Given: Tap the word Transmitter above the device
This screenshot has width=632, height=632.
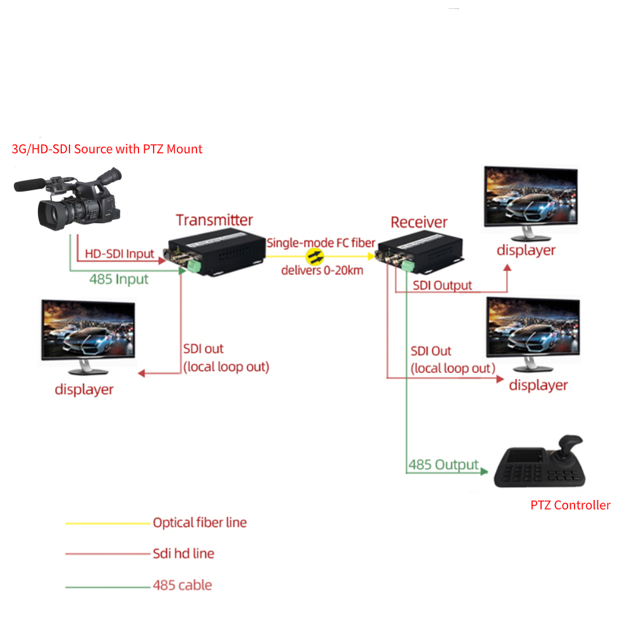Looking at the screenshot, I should point(214,220).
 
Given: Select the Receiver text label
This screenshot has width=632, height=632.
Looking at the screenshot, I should point(418,222).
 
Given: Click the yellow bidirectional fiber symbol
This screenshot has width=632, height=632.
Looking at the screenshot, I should point(315,257).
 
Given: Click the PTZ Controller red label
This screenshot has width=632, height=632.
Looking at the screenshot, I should point(570,505).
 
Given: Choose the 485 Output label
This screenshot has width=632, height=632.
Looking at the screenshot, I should point(443,465).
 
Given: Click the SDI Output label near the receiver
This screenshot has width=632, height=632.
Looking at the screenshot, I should point(442,285).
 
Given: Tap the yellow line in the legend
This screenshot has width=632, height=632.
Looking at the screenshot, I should point(107,523).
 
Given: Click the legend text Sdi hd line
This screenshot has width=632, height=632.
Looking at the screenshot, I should point(183,554).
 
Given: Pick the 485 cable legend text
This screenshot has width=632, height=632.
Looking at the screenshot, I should point(182,585).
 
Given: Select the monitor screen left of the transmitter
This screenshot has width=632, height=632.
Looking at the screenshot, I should point(88,329).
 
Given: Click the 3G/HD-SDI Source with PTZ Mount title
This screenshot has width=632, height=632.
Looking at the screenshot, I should point(107,149).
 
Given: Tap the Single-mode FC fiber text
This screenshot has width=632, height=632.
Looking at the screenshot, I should point(321,242).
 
